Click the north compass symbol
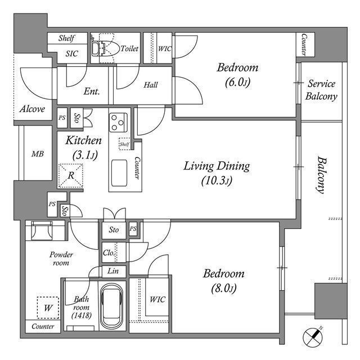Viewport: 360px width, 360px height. [314, 337]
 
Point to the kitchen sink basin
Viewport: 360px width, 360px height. [119, 172]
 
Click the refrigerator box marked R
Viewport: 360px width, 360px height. [72, 175]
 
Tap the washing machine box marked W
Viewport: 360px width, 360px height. [48, 307]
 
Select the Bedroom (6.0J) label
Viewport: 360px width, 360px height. [237, 74]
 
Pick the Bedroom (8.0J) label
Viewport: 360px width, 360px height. [223, 281]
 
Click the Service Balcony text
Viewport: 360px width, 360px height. [321, 90]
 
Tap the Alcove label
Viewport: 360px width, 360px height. [32, 109]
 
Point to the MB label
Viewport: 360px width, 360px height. [37, 154]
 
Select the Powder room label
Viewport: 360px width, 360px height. [61, 258]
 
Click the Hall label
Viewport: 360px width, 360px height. [150, 85]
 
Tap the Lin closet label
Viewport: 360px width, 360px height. [112, 271]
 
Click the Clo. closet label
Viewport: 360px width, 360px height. [109, 253]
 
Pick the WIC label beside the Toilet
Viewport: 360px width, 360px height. [164, 49]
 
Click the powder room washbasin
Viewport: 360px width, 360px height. [43, 231]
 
